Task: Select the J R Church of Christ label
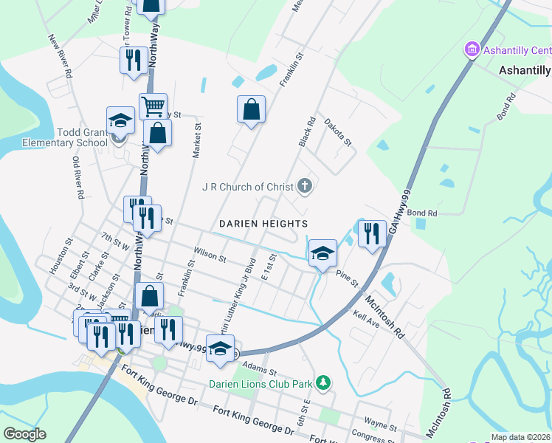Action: (248, 187)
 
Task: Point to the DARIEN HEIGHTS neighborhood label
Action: (263, 223)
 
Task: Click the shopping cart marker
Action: (153, 107)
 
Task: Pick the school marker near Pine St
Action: (322, 253)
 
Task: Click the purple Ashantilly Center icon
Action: (471, 50)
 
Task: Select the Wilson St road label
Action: (210, 255)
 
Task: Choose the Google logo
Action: (24, 434)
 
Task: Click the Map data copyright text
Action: (520, 437)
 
